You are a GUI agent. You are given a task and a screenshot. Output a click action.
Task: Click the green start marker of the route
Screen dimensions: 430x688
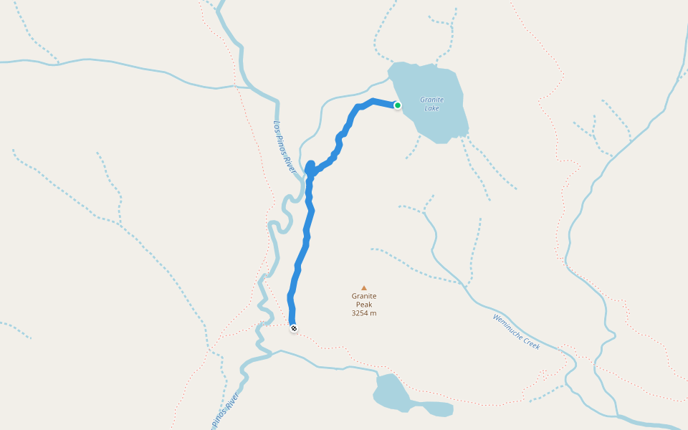(397, 105)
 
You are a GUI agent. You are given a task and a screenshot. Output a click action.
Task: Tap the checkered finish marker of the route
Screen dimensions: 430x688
(293, 328)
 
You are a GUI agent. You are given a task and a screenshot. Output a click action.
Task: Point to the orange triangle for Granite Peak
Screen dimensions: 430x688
(364, 287)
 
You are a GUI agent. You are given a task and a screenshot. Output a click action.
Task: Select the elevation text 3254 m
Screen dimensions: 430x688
(364, 313)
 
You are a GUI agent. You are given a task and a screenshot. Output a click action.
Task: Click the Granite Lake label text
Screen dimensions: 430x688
(431, 104)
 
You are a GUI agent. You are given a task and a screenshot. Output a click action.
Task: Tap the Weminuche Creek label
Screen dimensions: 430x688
(516, 331)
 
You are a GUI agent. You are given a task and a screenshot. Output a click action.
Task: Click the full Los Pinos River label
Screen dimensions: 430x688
(285, 146)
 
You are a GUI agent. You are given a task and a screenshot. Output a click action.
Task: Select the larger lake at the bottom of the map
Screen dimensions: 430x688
(391, 393)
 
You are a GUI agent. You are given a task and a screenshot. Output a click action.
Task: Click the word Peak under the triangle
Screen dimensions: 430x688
(364, 305)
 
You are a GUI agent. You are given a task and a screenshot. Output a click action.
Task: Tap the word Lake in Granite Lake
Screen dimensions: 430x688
(431, 108)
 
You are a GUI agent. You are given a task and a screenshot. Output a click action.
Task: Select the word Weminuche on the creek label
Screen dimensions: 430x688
(507, 325)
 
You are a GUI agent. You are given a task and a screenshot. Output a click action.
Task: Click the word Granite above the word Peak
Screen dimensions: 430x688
(364, 296)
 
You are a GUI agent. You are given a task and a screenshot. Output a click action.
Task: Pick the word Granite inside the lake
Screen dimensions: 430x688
(431, 100)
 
